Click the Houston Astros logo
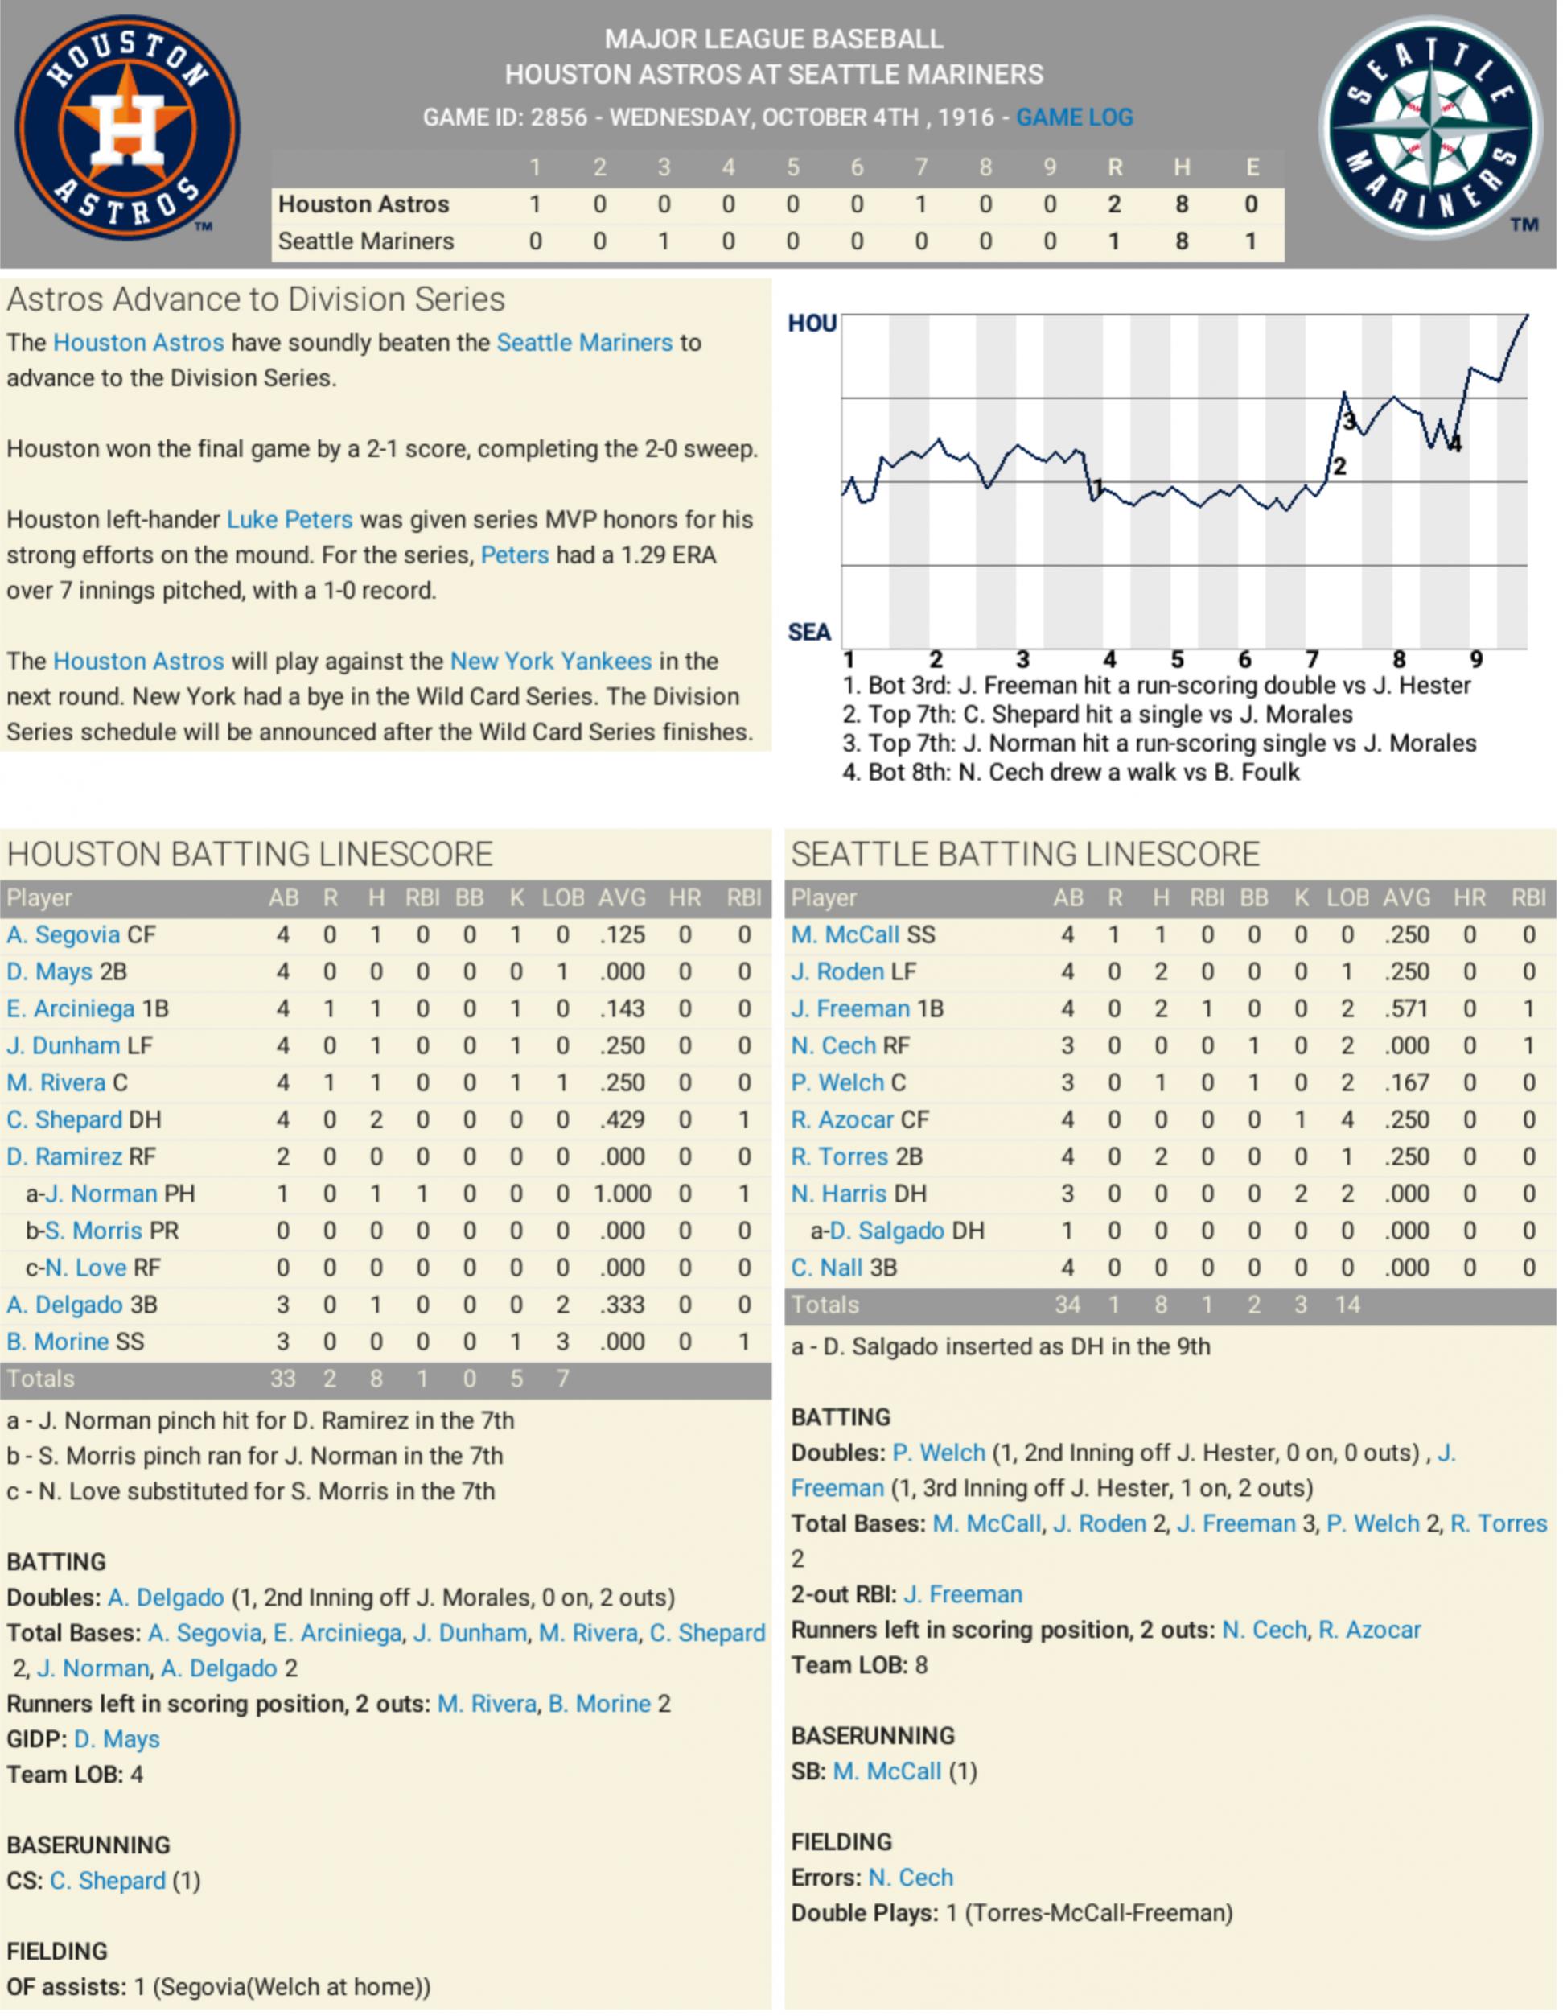pyautogui.click(x=127, y=127)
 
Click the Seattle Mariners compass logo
pyautogui.click(x=1430, y=127)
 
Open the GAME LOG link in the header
pyautogui.click(x=1074, y=117)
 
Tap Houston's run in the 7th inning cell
pyautogui.click(x=920, y=204)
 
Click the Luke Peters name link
pyautogui.click(x=290, y=520)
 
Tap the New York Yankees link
pyautogui.click(x=550, y=661)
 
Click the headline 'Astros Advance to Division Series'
pyautogui.click(x=256, y=299)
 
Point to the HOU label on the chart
pyautogui.click(x=812, y=323)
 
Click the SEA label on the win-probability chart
pyautogui.click(x=809, y=633)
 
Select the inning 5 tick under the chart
pyautogui.click(x=1178, y=659)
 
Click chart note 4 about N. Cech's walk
pyautogui.click(x=1071, y=773)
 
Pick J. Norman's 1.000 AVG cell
pyautogui.click(x=622, y=1194)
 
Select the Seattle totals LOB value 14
pyautogui.click(x=1347, y=1305)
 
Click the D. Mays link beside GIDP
pyautogui.click(x=117, y=1739)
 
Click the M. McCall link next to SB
pyautogui.click(x=886, y=1771)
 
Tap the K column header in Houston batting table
pyautogui.click(x=516, y=897)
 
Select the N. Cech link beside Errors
pyautogui.click(x=911, y=1878)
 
